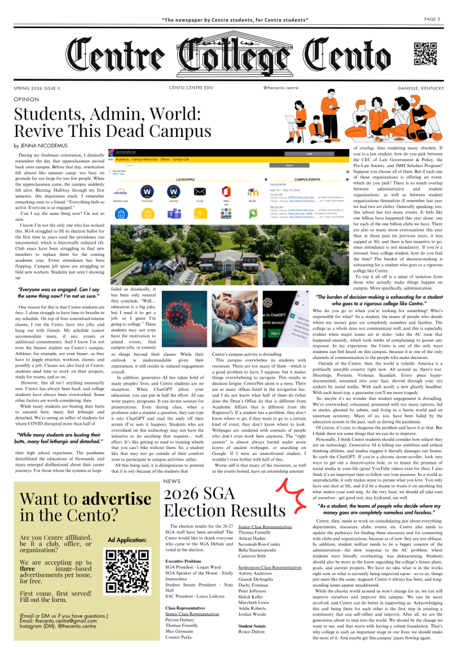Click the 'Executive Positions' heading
[x=184, y=560]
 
